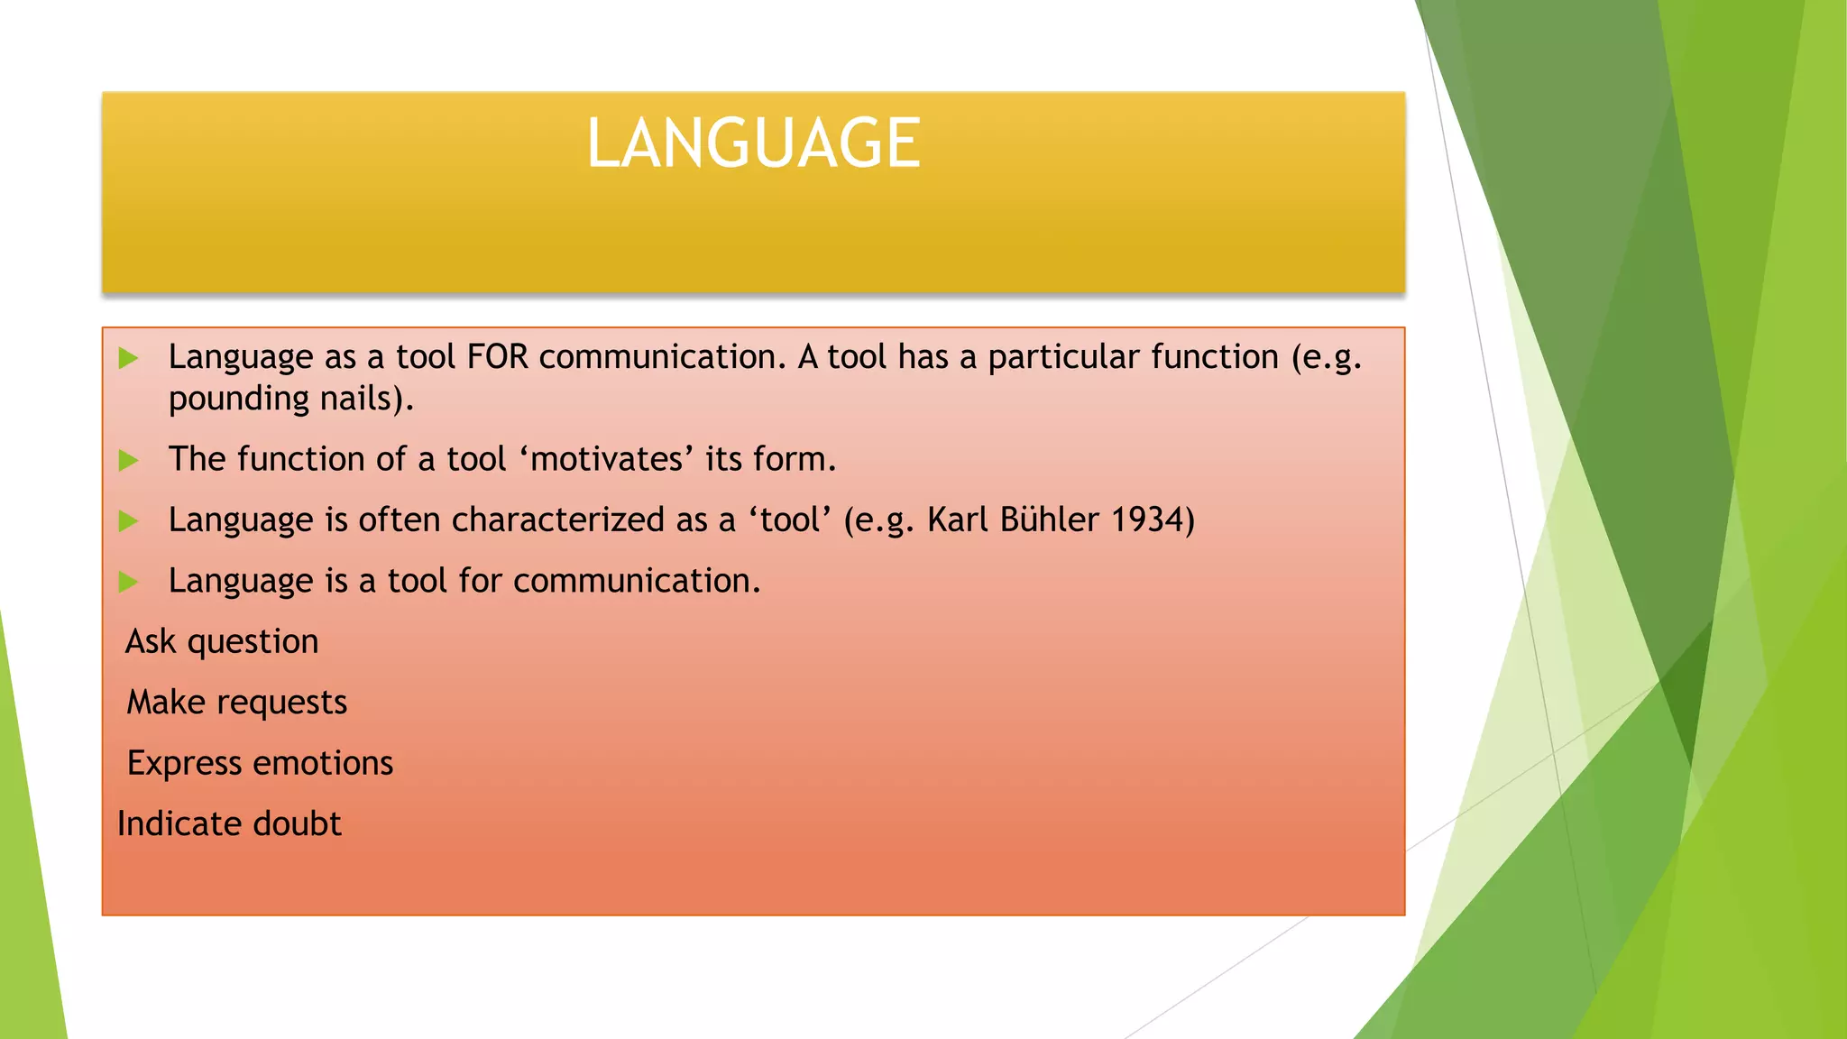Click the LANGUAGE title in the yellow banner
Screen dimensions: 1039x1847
(x=753, y=143)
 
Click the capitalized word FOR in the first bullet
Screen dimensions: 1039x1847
(x=497, y=357)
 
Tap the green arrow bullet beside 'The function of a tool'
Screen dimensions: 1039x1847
(x=129, y=460)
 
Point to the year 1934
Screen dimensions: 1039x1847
(x=1153, y=519)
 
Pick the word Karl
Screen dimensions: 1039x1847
(x=958, y=519)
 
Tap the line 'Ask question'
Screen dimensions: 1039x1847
(x=222, y=641)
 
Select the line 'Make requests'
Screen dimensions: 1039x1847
(x=236, y=703)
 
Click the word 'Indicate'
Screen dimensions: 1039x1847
(x=179, y=823)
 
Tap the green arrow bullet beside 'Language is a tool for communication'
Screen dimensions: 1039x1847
(x=129, y=582)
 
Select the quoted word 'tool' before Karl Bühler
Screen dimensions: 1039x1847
(x=790, y=519)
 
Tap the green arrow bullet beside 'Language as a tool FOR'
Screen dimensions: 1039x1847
(x=129, y=358)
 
